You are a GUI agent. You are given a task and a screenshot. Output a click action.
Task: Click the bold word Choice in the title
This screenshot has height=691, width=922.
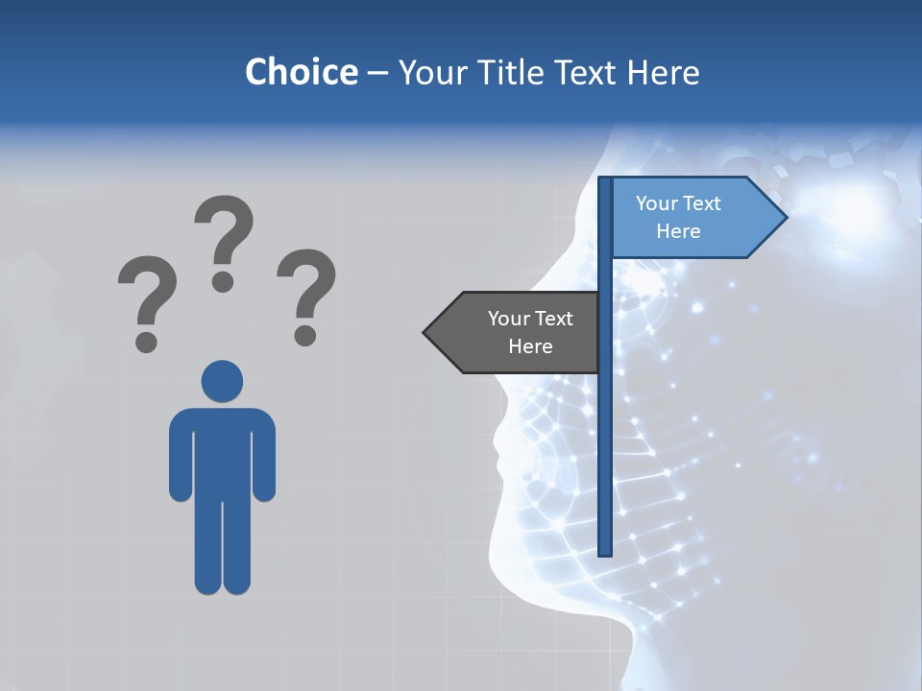tap(301, 72)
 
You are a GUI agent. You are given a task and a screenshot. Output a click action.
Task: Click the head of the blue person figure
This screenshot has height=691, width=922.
tap(222, 381)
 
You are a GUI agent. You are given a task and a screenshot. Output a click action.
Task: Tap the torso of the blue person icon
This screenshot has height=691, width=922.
tap(222, 451)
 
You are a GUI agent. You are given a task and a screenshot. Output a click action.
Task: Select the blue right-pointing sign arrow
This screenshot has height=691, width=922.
tap(691, 218)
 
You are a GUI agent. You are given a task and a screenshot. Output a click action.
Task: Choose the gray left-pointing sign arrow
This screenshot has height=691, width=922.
tap(514, 333)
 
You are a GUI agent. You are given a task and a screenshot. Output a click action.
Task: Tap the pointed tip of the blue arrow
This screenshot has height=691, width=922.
tap(785, 217)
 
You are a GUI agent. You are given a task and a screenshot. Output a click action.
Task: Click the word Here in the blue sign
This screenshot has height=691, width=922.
tap(678, 231)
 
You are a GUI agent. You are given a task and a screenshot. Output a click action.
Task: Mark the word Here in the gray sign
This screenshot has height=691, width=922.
tap(530, 346)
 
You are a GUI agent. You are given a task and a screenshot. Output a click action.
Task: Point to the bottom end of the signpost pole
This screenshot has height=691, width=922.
tap(605, 551)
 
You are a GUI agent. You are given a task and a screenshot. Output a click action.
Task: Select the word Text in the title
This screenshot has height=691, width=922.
tap(594, 72)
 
